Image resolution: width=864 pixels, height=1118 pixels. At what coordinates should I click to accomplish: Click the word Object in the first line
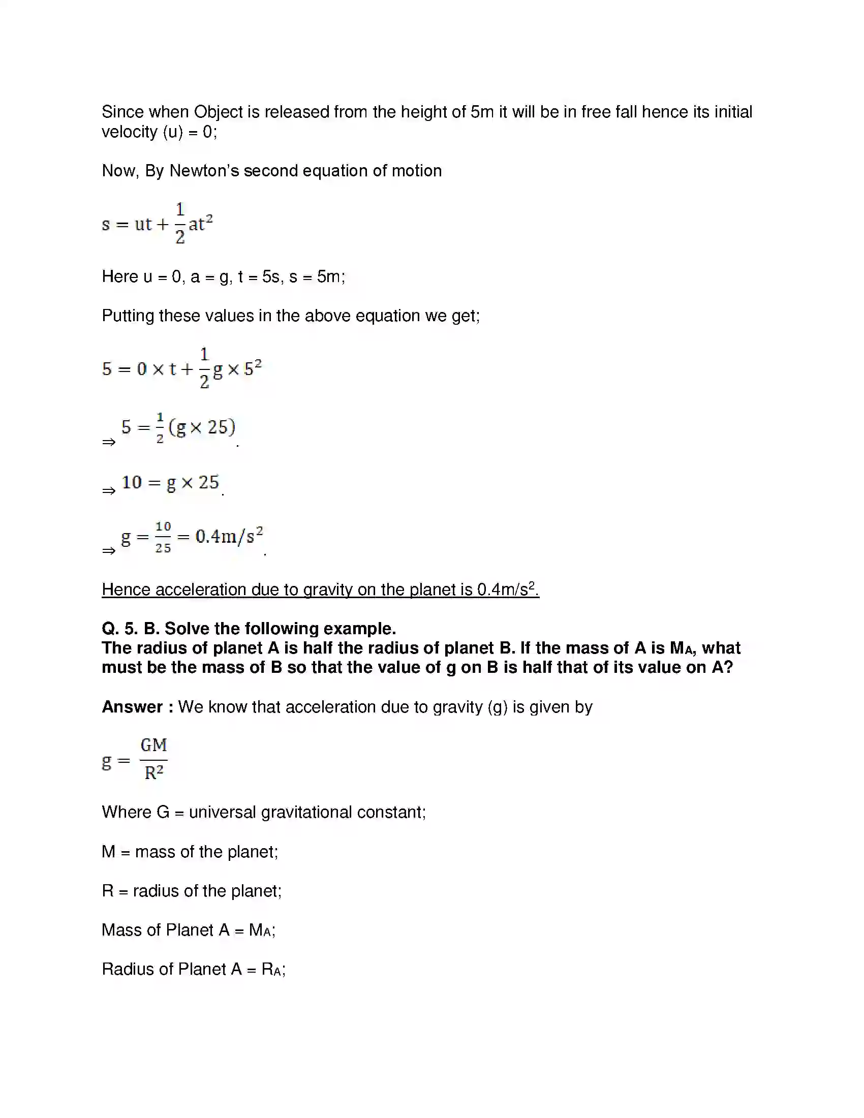[x=218, y=112]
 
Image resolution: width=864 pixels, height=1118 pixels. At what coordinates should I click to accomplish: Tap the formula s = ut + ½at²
[x=157, y=224]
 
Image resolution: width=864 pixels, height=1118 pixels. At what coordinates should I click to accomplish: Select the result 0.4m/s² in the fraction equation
[x=229, y=537]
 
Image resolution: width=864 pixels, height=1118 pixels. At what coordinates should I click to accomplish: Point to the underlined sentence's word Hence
[x=127, y=589]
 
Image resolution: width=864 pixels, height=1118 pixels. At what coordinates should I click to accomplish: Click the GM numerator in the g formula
[x=153, y=746]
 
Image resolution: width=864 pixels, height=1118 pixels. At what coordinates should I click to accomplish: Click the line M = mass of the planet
[x=190, y=852]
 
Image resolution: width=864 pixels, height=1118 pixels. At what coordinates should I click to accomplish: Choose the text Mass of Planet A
[x=165, y=930]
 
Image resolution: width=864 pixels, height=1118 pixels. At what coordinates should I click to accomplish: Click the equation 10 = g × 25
[x=170, y=482]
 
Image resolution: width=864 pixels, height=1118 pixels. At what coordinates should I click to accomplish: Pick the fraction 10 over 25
[x=163, y=537]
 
